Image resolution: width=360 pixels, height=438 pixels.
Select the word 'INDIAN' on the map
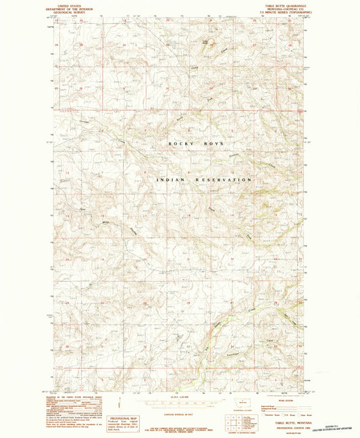169,180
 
